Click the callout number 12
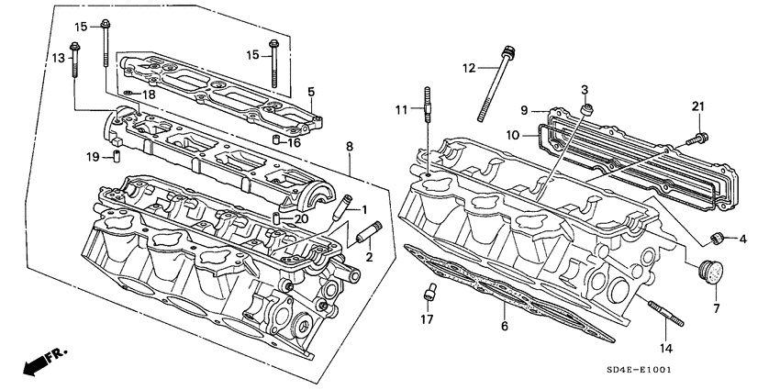pos(469,68)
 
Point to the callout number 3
pos(585,88)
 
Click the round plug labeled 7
pos(711,272)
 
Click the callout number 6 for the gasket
pos(503,325)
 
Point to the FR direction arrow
pos(37,362)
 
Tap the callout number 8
pos(349,146)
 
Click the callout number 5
pos(311,92)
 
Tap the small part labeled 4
pos(721,240)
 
